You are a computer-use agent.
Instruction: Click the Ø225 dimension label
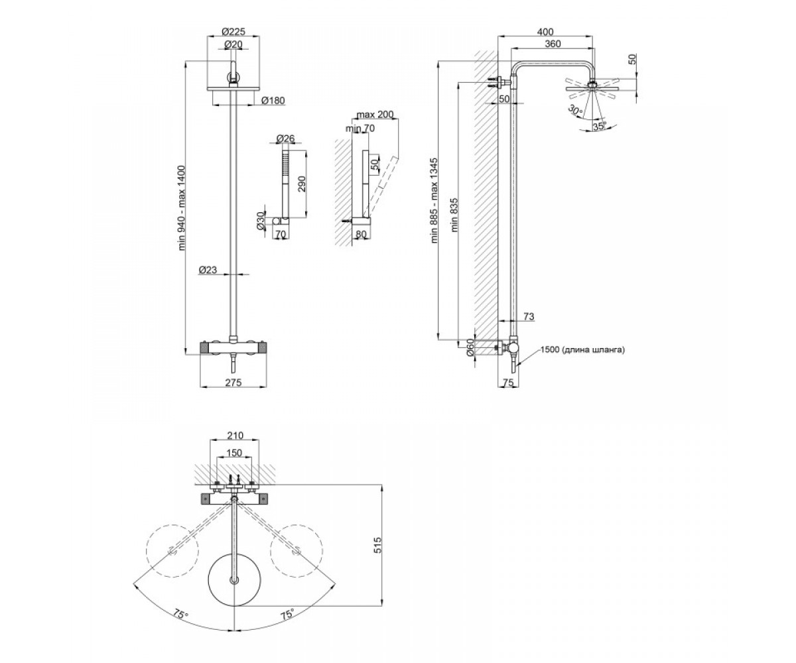coord(233,31)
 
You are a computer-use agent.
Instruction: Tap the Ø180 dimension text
coord(273,100)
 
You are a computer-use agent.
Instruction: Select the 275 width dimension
coord(233,382)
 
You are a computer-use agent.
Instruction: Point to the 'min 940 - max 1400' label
coord(182,208)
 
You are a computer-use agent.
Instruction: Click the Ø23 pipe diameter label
coord(208,270)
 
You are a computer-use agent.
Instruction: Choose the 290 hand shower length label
coord(301,185)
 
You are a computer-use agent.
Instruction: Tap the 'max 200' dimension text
coord(375,114)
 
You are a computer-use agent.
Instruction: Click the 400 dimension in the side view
coord(545,32)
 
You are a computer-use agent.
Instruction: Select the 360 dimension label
coord(553,44)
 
